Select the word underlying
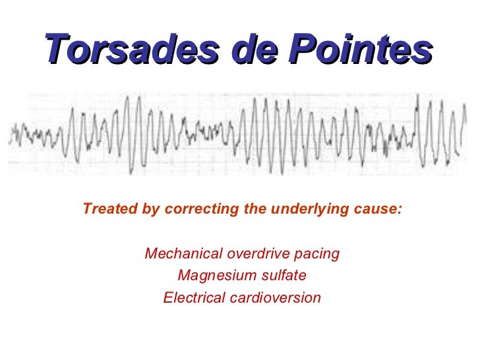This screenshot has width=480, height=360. [x=309, y=210]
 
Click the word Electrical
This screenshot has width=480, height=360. [x=193, y=298]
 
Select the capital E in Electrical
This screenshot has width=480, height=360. [x=167, y=298]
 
